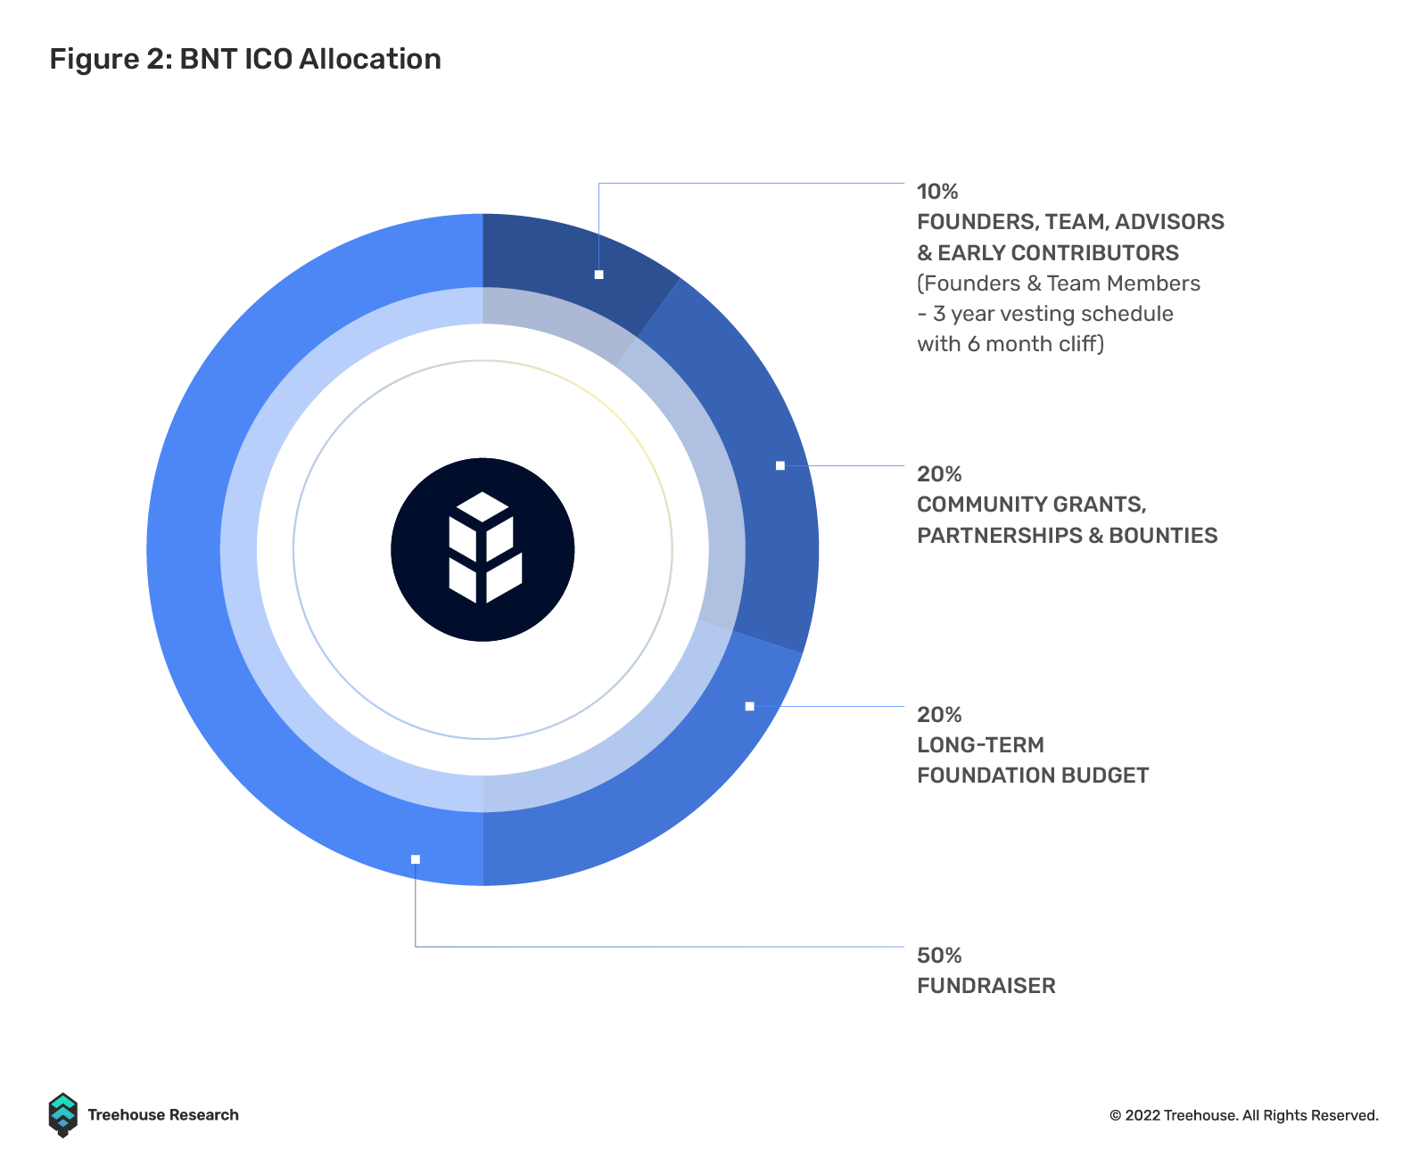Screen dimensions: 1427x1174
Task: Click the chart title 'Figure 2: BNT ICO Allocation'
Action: tap(245, 60)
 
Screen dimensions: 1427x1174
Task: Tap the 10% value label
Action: tap(937, 192)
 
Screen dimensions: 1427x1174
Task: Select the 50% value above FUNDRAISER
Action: tap(938, 955)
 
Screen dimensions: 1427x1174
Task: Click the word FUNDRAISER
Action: tap(986, 985)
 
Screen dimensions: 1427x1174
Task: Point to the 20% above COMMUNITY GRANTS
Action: tap(938, 473)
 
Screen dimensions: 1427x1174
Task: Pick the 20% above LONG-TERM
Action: tap(938, 714)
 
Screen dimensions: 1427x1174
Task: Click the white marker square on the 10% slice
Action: tap(598, 275)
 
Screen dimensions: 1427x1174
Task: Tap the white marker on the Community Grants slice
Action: tap(780, 465)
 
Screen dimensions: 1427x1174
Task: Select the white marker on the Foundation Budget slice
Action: tap(750, 706)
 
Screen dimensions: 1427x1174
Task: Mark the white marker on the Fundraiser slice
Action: tap(416, 859)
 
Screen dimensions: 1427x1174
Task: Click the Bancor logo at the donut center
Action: tap(483, 549)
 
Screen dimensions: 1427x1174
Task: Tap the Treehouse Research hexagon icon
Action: tap(63, 1114)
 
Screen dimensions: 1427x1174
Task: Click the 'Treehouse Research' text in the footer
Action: tap(163, 1114)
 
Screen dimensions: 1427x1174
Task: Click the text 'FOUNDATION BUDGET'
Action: tap(1033, 775)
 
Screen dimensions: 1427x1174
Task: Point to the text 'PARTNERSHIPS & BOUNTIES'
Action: tap(1067, 535)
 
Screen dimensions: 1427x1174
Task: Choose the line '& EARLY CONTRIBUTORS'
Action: tap(1047, 252)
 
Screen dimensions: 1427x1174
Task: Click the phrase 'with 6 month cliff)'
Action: tap(1010, 343)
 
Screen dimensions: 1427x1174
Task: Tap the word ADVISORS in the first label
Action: tap(1169, 222)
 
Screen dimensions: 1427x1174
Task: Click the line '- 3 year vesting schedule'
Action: tap(1045, 313)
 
